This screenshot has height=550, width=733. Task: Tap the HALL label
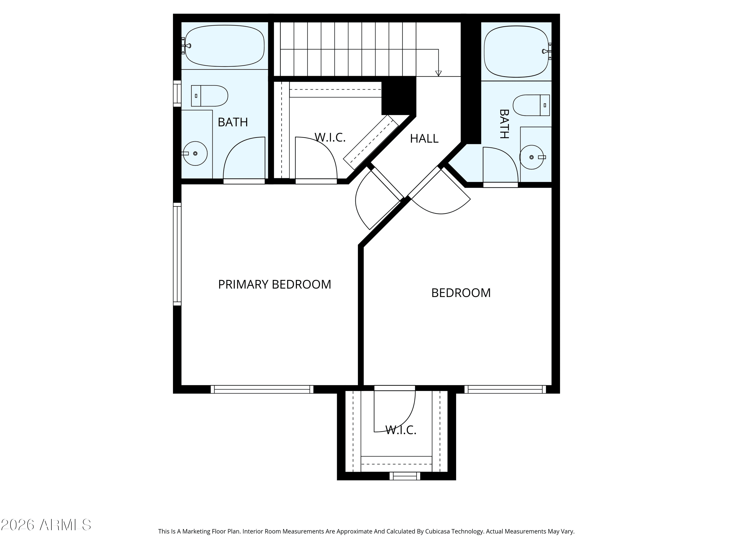click(x=424, y=139)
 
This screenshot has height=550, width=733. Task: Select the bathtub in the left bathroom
click(x=225, y=46)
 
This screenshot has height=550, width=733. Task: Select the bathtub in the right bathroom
click(x=516, y=51)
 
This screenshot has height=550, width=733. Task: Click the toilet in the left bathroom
click(x=209, y=96)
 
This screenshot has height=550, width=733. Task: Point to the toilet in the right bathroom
click(x=531, y=105)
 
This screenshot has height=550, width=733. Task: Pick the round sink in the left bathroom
click(x=195, y=154)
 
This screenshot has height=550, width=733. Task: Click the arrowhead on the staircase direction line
click(x=438, y=74)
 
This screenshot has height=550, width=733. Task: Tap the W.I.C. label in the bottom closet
click(x=401, y=430)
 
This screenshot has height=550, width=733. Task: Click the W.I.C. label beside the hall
click(x=330, y=137)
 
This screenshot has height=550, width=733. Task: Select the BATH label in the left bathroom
click(x=233, y=122)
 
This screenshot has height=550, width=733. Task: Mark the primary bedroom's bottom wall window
click(x=262, y=389)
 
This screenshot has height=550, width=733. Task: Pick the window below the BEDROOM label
click(x=505, y=389)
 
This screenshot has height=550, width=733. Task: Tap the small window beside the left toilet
click(x=177, y=93)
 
